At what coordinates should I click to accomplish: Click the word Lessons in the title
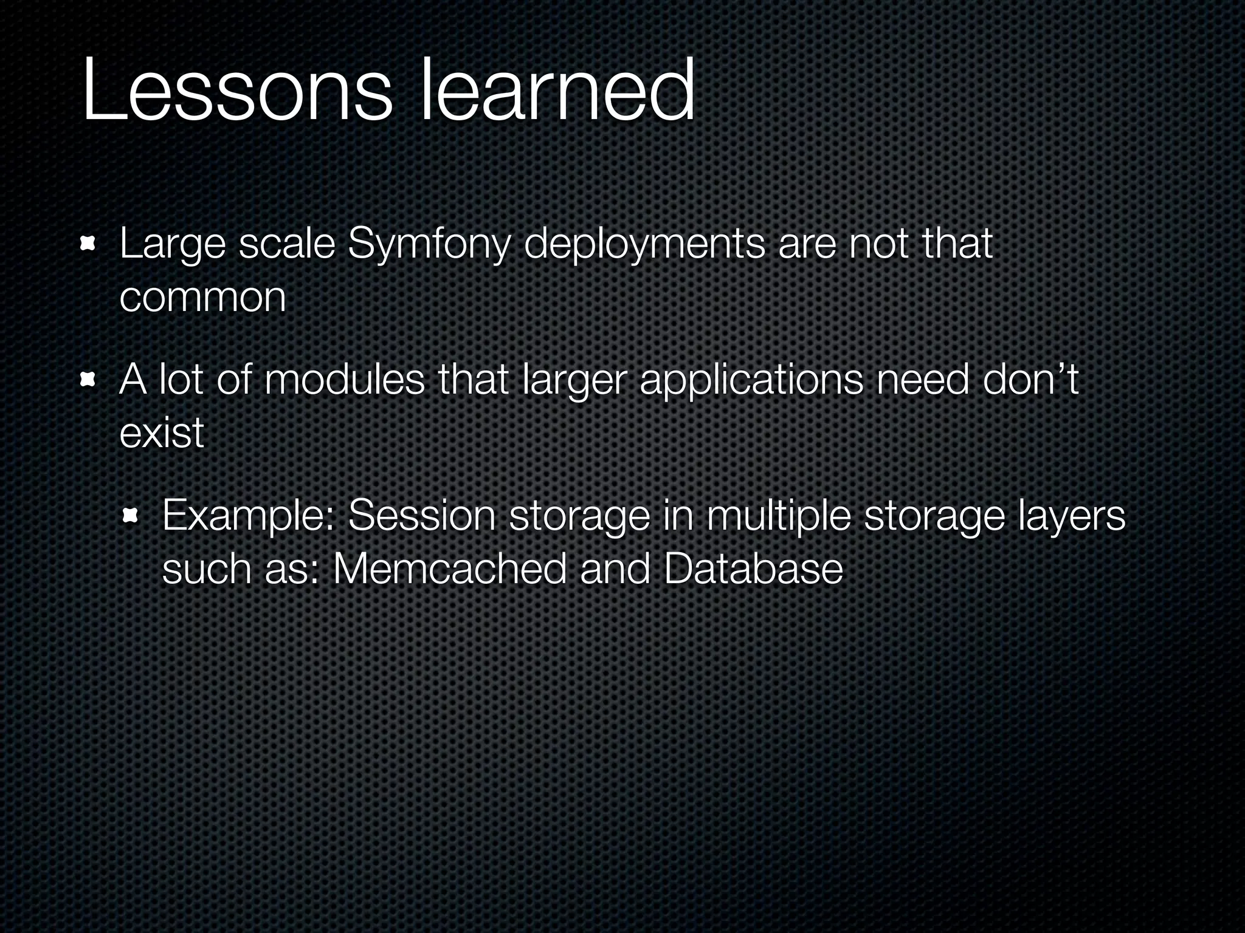point(237,91)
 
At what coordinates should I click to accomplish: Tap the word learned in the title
point(556,91)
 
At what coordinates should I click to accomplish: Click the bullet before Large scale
point(89,245)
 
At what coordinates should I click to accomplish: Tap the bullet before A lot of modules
point(89,381)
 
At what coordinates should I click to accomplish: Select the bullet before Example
point(131,517)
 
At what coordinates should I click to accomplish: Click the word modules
point(344,381)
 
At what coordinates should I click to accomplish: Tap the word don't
point(1029,381)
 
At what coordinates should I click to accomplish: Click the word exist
point(161,434)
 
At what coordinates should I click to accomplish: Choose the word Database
point(753,570)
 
